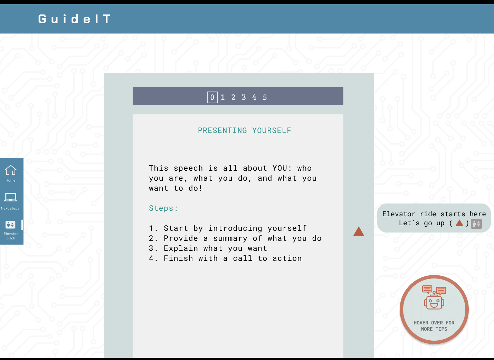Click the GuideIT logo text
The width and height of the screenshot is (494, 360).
point(75,19)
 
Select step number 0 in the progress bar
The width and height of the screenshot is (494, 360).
point(212,97)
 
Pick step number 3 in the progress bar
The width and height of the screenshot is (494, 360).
point(244,97)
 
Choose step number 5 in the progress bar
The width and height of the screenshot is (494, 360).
point(265,97)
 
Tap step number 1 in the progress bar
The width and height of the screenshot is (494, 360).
point(223,97)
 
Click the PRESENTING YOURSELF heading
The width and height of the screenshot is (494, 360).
point(244,131)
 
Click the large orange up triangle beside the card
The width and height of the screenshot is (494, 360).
point(359,231)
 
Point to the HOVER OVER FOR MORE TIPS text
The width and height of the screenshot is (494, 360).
point(434,326)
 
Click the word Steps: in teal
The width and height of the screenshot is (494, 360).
point(163,208)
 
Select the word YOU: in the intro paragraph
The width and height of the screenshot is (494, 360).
point(282,168)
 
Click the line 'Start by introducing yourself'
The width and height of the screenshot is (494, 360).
point(235,228)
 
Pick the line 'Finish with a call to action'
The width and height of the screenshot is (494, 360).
point(232,258)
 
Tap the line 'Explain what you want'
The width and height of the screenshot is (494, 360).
point(215,248)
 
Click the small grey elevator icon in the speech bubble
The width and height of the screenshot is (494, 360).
point(476,224)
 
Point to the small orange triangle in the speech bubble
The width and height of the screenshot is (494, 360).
point(459,223)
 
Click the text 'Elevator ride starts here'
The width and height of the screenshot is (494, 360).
point(434,214)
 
